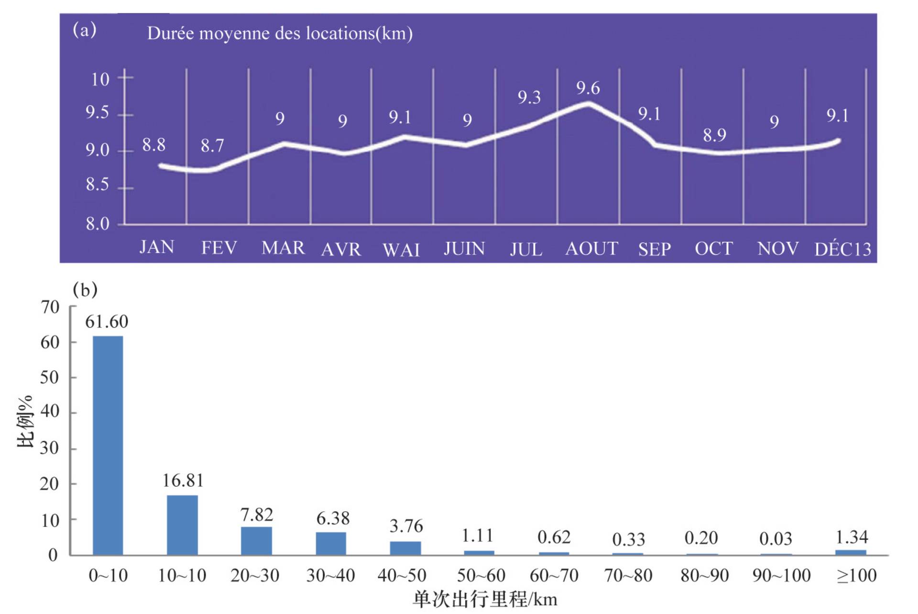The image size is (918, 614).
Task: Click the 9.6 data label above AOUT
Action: coord(588,88)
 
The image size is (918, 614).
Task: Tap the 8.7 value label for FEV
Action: coord(212,146)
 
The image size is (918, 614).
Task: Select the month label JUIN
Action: coord(464,249)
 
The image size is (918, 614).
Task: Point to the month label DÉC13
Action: coord(842,250)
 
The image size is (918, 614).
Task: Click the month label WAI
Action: coord(401,250)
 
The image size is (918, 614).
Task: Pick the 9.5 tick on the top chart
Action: coord(98,113)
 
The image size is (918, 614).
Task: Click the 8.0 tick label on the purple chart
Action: coord(98,224)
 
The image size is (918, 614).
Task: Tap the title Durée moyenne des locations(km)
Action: coord(280,33)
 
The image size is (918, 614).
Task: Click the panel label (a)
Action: coord(85,30)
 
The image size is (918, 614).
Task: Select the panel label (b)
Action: coord(85,290)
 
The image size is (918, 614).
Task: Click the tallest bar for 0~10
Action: coord(108,445)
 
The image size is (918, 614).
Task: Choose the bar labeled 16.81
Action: coord(182,525)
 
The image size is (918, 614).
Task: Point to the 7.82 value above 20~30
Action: coord(256,515)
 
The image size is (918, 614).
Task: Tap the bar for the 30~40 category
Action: coord(331,543)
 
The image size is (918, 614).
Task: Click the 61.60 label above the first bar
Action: coord(107,322)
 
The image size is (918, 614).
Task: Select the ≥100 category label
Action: coord(856,575)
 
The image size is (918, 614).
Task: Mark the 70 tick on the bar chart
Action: coord(50,307)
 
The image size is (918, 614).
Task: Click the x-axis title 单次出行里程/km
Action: coord(485,600)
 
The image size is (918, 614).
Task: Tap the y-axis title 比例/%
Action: coord(25,421)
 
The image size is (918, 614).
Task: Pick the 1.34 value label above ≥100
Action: coord(851,537)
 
